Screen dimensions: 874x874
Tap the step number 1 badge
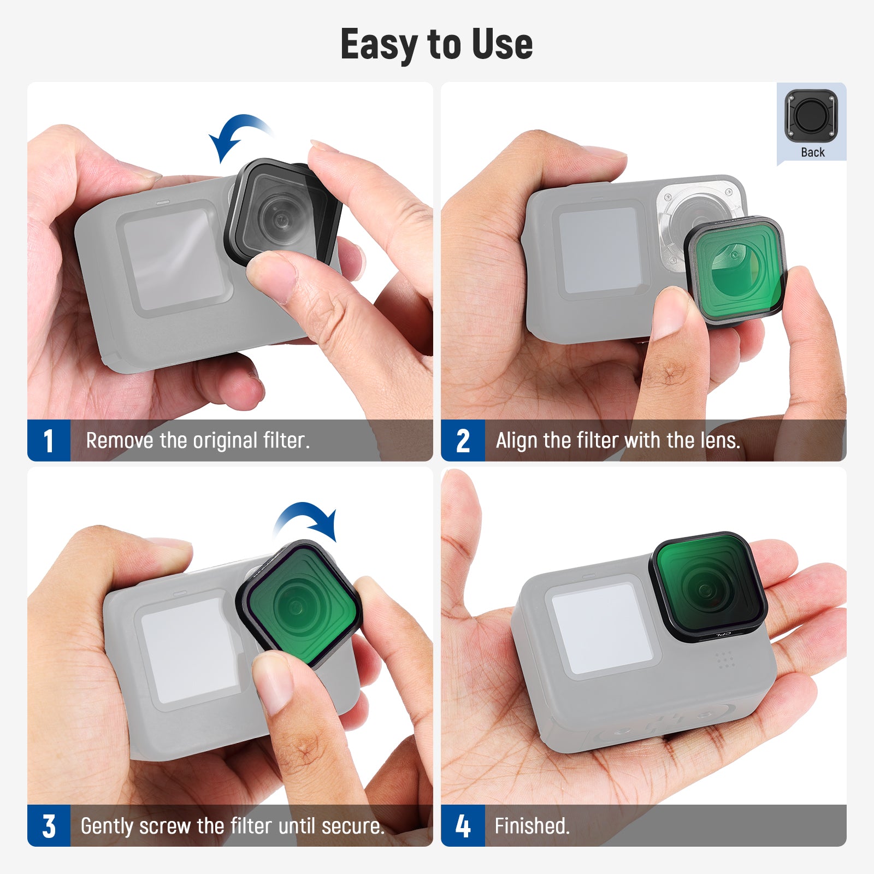pos(49,440)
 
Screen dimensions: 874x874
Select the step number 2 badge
pos(463,440)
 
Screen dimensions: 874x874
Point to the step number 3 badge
pos(49,825)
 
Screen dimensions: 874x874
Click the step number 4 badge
pos(463,825)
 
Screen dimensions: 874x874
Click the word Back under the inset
pos(812,152)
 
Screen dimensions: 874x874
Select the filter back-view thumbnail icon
pos(811,116)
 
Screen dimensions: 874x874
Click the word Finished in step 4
pos(532,825)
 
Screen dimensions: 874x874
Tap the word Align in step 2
pos(517,440)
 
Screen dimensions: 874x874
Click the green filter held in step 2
pos(735,270)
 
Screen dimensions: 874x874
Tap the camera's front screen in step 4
pos(601,628)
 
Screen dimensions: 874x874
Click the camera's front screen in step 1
pos(173,257)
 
